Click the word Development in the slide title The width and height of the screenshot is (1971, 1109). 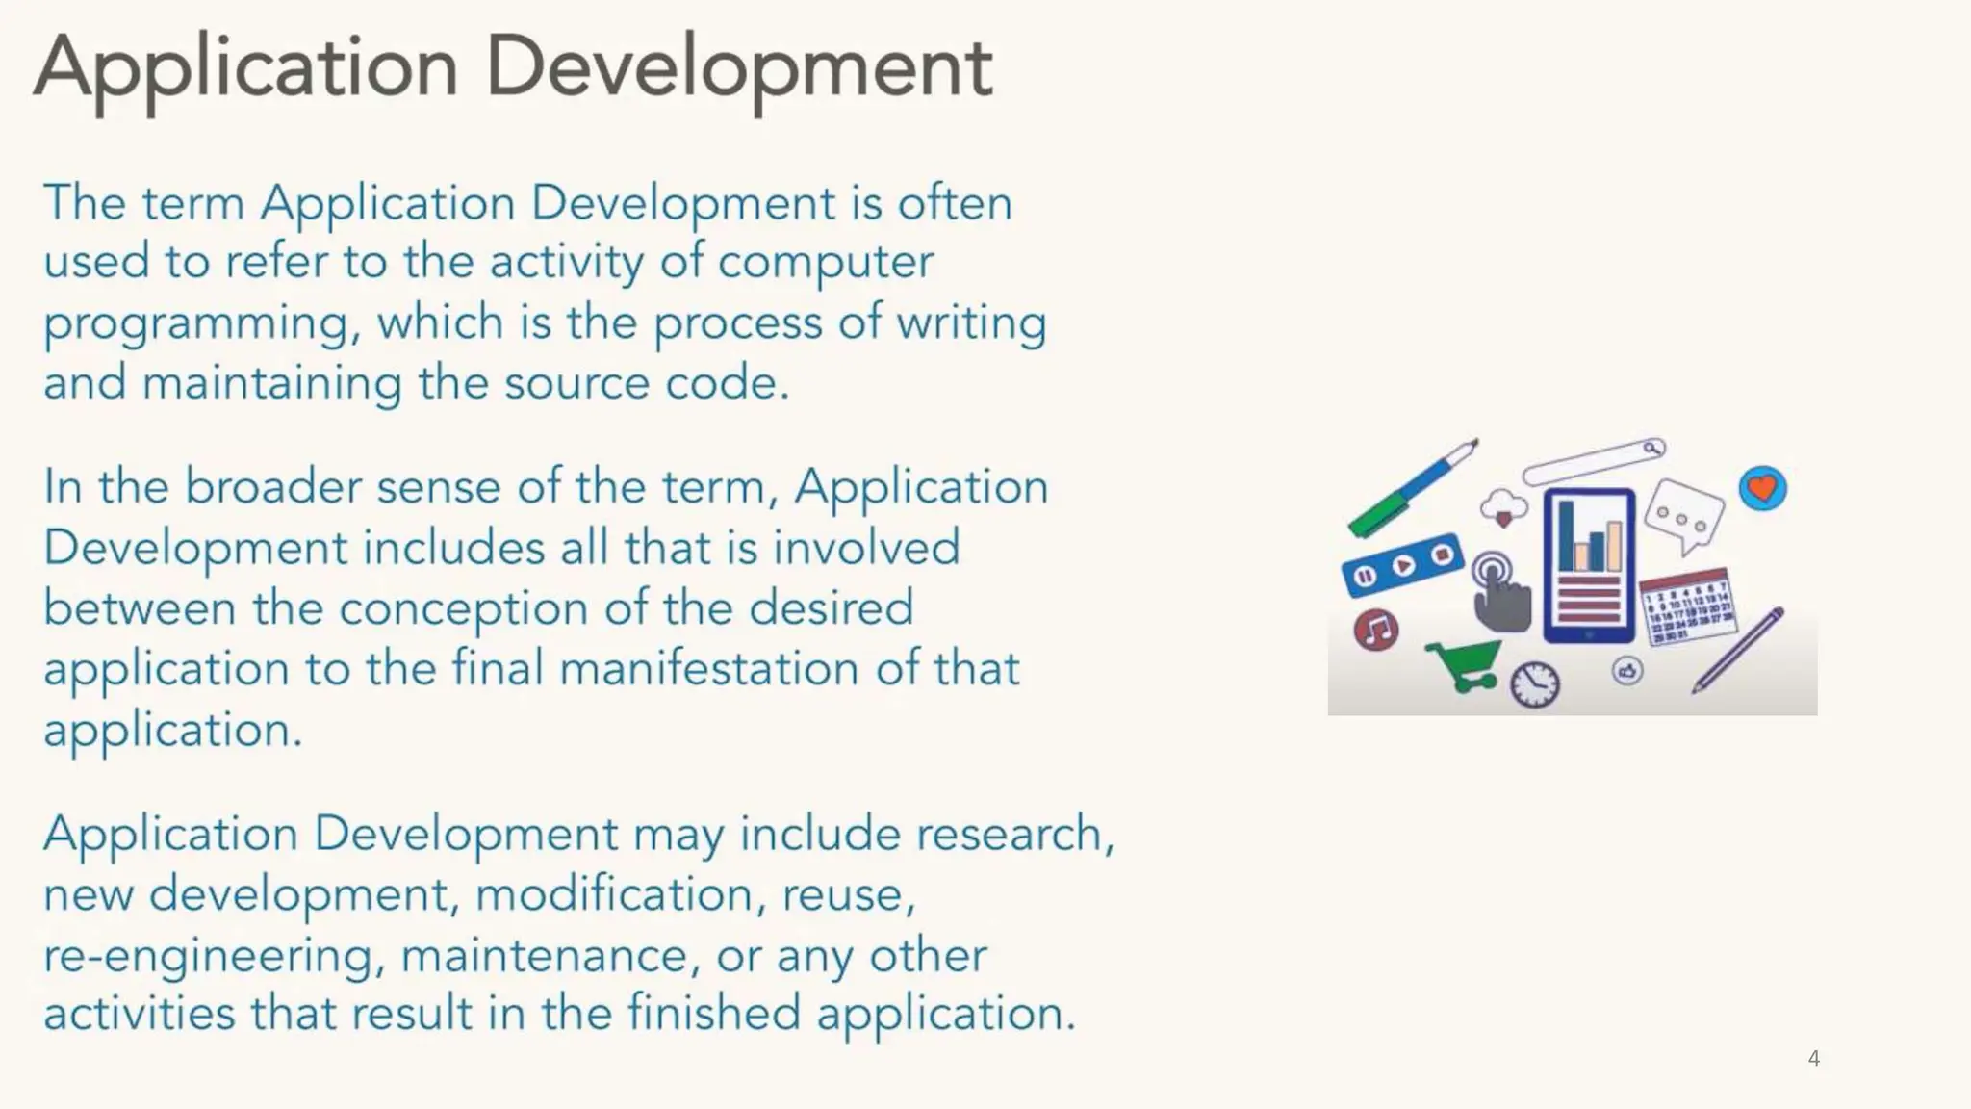pyautogui.click(x=738, y=69)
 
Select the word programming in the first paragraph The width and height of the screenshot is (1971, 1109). pyautogui.click(x=195, y=323)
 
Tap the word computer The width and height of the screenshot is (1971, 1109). pyautogui.click(x=826, y=262)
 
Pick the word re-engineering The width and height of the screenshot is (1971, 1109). pyautogui.click(x=207, y=956)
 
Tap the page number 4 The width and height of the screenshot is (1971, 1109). pyautogui.click(x=1813, y=1059)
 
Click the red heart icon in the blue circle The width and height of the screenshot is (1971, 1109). pyautogui.click(x=1762, y=489)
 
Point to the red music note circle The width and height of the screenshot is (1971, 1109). pyautogui.click(x=1376, y=631)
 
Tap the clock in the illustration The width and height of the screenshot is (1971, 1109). pyautogui.click(x=1534, y=684)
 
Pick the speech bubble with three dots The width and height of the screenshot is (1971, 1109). pyautogui.click(x=1683, y=516)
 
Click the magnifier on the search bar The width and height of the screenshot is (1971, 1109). pyautogui.click(x=1652, y=448)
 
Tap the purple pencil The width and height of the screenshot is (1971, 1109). pyautogui.click(x=1738, y=651)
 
